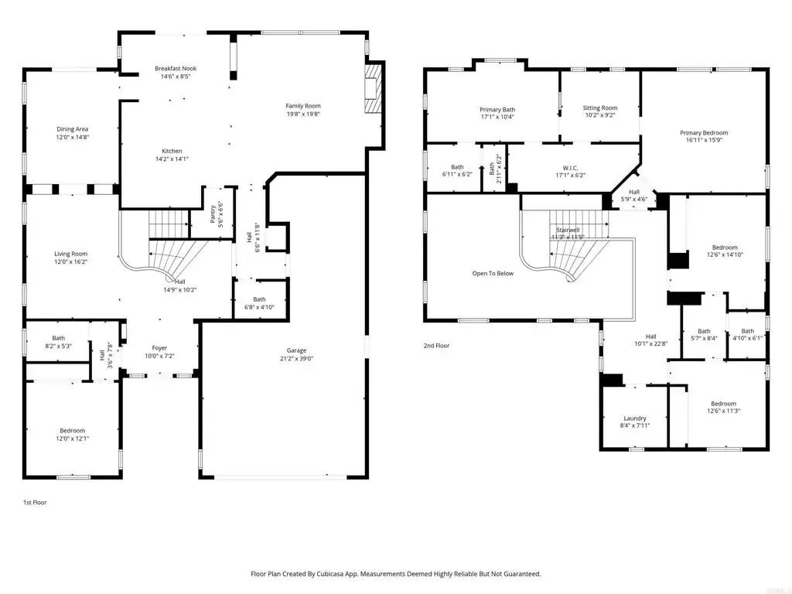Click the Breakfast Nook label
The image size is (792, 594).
(x=176, y=68)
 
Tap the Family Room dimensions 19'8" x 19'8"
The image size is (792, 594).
(x=303, y=114)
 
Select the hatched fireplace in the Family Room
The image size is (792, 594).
(x=374, y=88)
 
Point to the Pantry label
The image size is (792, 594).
(x=213, y=213)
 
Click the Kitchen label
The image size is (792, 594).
(x=172, y=151)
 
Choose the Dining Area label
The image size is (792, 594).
(x=72, y=129)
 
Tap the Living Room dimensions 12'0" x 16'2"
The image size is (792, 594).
(x=70, y=261)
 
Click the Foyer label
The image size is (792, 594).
(x=159, y=348)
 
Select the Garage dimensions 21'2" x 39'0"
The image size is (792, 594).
(x=296, y=359)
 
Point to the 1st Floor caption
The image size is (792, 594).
(x=35, y=503)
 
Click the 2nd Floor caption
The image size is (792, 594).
(x=436, y=346)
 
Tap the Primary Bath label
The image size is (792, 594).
(x=497, y=110)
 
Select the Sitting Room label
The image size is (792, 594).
(x=600, y=108)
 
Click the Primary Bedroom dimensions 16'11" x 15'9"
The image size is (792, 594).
(x=704, y=140)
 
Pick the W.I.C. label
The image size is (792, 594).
(x=570, y=168)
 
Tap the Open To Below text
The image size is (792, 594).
(x=493, y=273)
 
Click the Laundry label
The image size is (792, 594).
(x=635, y=418)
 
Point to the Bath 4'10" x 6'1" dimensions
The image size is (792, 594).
(x=748, y=339)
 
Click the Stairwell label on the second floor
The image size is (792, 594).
(x=568, y=230)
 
